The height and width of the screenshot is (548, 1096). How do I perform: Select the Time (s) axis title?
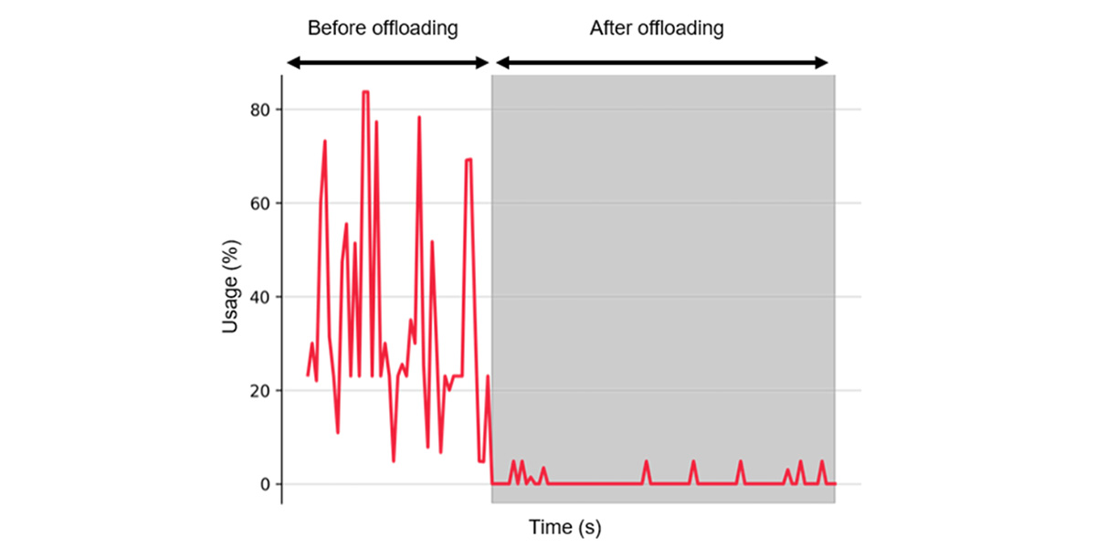pos(565,527)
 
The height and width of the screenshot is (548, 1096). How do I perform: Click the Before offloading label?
pos(382,27)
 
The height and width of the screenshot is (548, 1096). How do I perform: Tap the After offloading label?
pos(657,27)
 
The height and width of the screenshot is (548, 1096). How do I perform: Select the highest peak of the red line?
pos(365,92)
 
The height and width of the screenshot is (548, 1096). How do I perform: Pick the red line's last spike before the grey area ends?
pos(822,462)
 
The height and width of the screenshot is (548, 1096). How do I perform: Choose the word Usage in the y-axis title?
pos(232,302)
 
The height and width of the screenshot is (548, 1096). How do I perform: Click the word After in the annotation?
pos(609,27)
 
